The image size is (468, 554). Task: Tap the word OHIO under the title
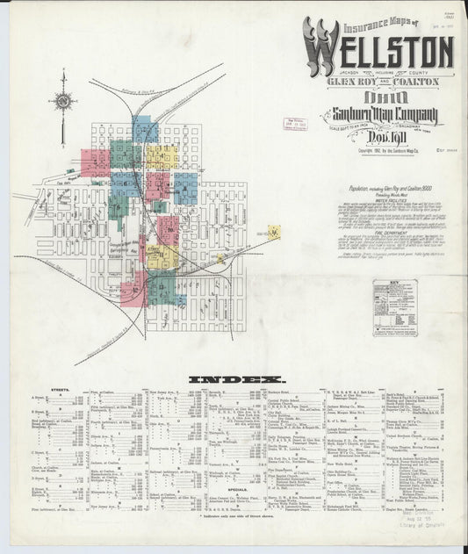pyautogui.click(x=373, y=98)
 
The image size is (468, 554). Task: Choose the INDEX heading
pyautogui.click(x=227, y=380)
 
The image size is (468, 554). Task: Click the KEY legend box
pyautogui.click(x=394, y=307)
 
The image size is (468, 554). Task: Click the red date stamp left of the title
pyautogui.click(x=292, y=124)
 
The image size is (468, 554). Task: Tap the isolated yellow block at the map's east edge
pyautogui.click(x=274, y=233)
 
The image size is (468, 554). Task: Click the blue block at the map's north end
pyautogui.click(x=145, y=132)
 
